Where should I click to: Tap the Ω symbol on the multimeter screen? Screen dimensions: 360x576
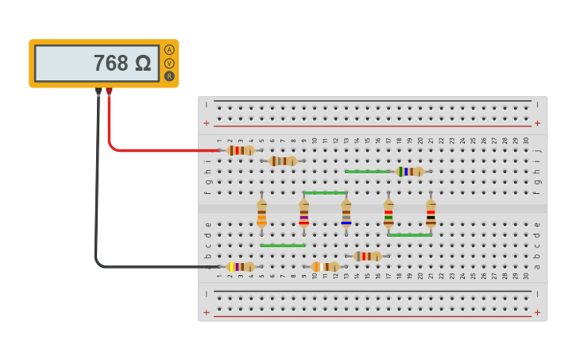point(143,64)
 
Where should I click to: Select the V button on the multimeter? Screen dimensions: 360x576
point(169,63)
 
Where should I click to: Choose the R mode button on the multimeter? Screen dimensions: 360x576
point(169,76)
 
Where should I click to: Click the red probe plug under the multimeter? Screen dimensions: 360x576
point(109,91)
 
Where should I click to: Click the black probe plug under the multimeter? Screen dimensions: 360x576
point(99,91)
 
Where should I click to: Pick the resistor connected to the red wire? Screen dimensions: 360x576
point(240,150)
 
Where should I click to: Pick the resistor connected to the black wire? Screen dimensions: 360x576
point(240,267)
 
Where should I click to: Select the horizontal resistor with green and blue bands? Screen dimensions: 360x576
point(409,171)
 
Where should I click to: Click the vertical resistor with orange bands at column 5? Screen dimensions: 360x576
point(261,213)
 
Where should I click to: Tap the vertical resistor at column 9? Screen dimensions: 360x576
point(303,213)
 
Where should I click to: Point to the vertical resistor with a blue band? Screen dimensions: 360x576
point(346,213)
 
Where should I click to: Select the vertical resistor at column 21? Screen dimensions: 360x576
point(431,213)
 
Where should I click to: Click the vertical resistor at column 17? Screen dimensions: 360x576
point(389,213)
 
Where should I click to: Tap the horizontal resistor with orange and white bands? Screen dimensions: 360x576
point(325,267)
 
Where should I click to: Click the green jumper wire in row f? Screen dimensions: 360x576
point(325,192)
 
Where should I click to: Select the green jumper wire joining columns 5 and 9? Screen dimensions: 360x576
point(282,246)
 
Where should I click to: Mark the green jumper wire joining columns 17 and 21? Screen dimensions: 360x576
point(409,235)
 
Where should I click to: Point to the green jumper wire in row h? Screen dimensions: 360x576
point(367,171)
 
